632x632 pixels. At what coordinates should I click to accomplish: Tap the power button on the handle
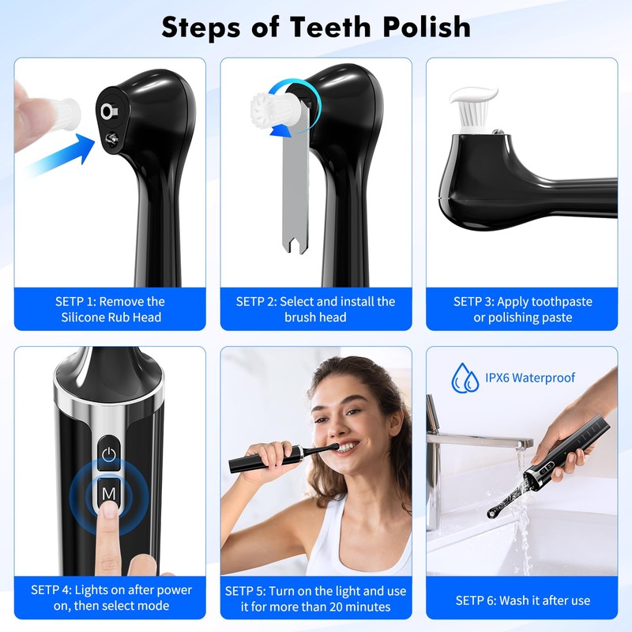pyautogui.click(x=109, y=454)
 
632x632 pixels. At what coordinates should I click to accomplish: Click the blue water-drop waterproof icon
pyautogui.click(x=465, y=378)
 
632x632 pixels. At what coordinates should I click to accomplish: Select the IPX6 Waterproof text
pyautogui.click(x=531, y=378)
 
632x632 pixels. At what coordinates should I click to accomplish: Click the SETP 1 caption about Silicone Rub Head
pyautogui.click(x=111, y=309)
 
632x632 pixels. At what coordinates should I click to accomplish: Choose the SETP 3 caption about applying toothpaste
pyautogui.click(x=522, y=309)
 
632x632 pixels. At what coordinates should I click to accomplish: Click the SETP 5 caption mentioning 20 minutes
pyautogui.click(x=316, y=599)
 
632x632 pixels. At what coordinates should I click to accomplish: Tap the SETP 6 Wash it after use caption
pyautogui.click(x=522, y=600)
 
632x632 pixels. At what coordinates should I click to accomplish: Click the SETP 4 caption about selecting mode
pyautogui.click(x=111, y=599)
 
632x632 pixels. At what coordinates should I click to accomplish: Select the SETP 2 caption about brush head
pyautogui.click(x=316, y=309)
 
